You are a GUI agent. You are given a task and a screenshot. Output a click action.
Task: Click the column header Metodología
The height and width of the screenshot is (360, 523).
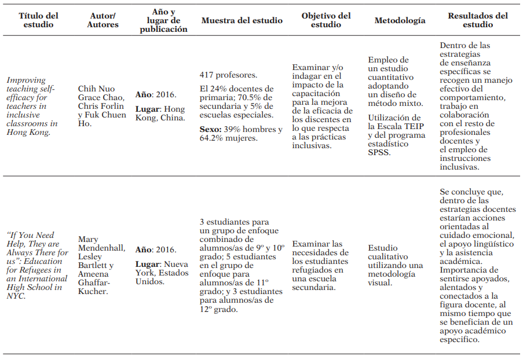400,20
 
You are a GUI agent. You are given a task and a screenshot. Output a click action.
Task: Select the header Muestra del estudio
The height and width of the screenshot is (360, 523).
242,20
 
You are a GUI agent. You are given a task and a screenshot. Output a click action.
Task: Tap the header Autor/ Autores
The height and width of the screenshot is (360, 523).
103,20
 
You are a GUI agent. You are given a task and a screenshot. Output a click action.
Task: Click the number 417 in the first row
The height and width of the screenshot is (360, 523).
207,75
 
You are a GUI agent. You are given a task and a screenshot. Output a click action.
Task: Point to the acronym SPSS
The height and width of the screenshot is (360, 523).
379,153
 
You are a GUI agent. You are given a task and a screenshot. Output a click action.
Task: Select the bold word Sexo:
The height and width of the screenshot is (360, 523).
211,130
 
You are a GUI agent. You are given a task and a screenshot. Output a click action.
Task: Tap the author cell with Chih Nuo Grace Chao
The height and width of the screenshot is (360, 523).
102,106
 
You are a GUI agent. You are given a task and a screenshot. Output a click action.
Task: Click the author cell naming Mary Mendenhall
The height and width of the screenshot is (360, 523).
102,266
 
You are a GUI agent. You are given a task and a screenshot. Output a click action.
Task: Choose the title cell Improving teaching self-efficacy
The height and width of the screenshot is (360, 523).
32,106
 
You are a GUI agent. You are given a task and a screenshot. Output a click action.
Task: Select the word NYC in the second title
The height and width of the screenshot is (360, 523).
16,296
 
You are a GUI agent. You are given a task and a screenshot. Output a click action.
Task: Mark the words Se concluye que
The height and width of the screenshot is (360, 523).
472,192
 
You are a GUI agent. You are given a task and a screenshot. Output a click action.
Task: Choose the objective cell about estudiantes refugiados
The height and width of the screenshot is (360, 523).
322,266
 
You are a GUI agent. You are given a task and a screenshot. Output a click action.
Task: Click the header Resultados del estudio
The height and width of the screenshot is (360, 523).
478,20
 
